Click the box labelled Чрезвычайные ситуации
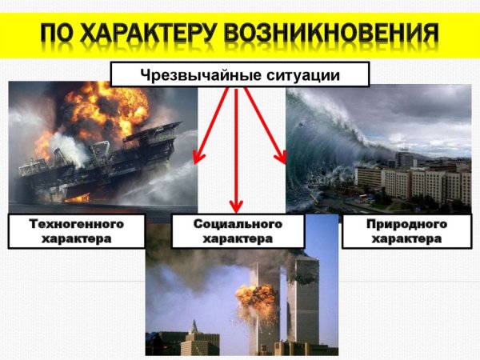click(x=239, y=75)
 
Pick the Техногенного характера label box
click(x=77, y=231)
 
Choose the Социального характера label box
click(x=238, y=231)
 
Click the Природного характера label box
click(x=405, y=231)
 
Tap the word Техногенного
click(x=77, y=224)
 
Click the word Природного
click(x=405, y=224)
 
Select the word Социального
click(x=238, y=224)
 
